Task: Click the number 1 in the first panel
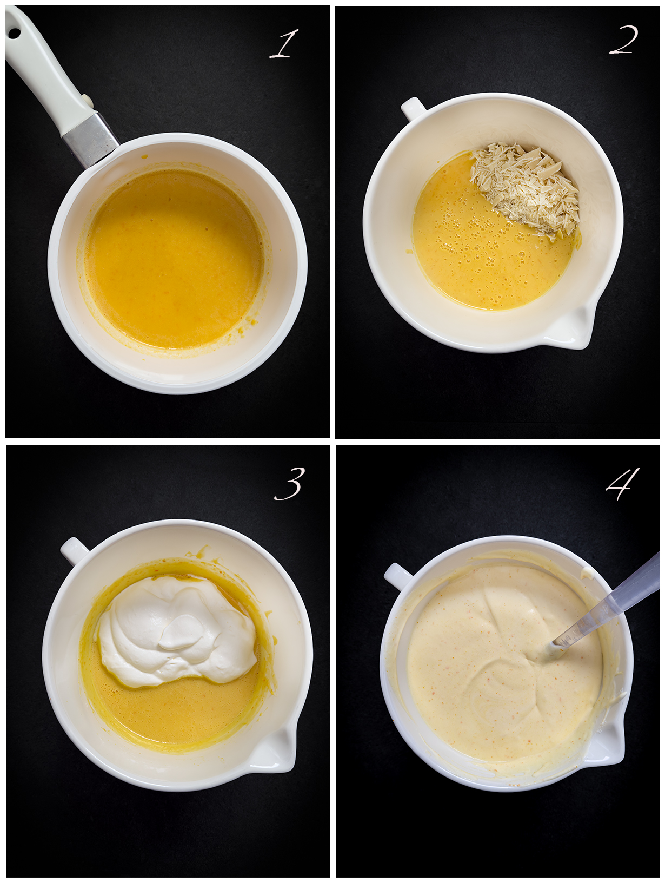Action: pos(284,44)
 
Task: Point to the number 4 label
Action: pos(623,484)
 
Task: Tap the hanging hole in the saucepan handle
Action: pos(15,34)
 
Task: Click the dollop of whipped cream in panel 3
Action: pos(177,631)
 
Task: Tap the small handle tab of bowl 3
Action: pos(74,550)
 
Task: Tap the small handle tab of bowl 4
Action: pos(397,577)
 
